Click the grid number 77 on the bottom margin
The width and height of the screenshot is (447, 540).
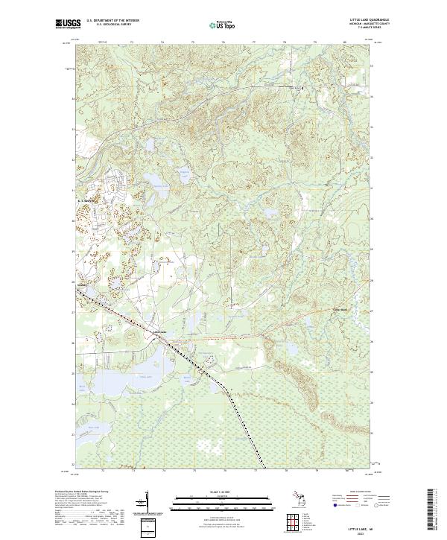(x=255, y=471)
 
